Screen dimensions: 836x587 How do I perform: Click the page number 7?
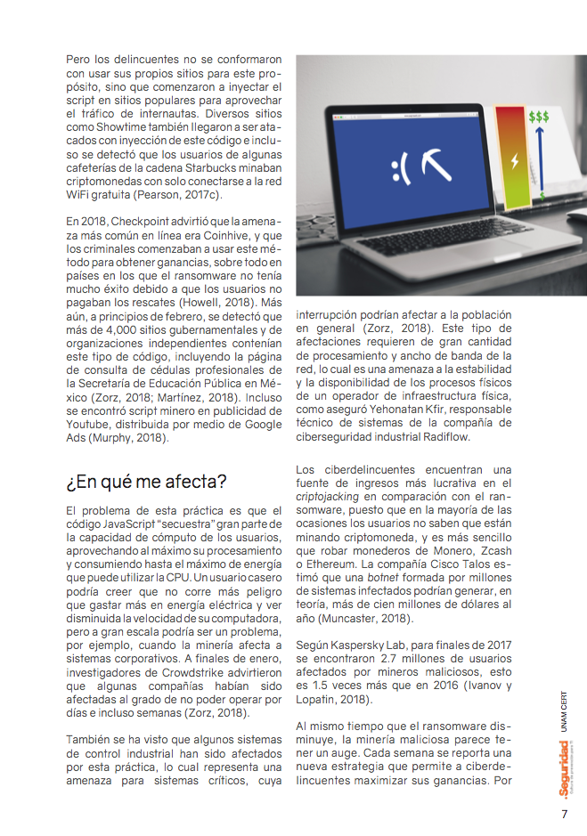pyautogui.click(x=564, y=814)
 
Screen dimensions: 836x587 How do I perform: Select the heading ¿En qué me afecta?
pyautogui.click(x=147, y=482)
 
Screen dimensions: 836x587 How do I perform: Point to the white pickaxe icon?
pyautogui.click(x=437, y=164)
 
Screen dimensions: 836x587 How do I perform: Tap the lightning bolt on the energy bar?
pyautogui.click(x=514, y=160)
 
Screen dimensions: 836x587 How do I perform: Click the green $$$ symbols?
pyautogui.click(x=539, y=117)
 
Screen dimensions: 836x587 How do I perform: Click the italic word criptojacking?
pyautogui.click(x=330, y=496)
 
